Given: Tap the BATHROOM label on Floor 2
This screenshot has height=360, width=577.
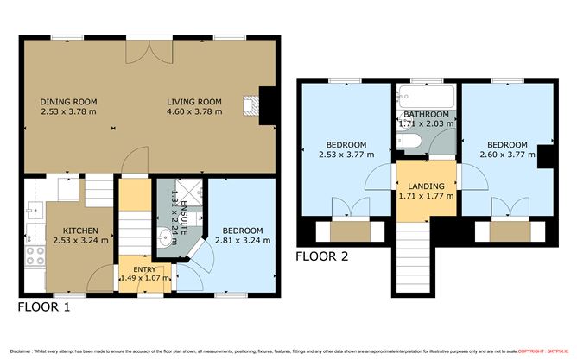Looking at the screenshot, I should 426,115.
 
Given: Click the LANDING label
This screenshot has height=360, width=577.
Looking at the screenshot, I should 427,186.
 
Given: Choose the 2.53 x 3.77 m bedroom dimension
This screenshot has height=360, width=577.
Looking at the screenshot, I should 346,155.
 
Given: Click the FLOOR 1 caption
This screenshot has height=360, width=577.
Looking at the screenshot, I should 43,307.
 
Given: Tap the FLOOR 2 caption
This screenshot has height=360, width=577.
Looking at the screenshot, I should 323,256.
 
